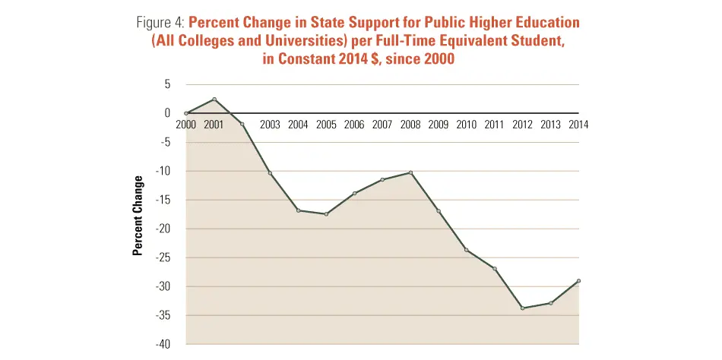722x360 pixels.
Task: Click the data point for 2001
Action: coord(214,99)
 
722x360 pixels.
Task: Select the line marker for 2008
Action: coord(410,173)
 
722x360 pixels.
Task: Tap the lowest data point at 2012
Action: coord(523,308)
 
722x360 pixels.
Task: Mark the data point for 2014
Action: coord(579,281)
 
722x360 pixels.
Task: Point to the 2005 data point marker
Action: coord(326,214)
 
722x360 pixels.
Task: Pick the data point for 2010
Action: coord(467,250)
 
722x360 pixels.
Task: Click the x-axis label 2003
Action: coord(270,125)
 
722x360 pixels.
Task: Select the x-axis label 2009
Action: coord(439,125)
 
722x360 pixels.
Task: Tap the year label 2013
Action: coord(551,125)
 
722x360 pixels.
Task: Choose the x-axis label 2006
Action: coord(354,125)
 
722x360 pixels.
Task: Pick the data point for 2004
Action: coord(298,210)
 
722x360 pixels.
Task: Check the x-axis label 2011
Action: coord(495,125)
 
